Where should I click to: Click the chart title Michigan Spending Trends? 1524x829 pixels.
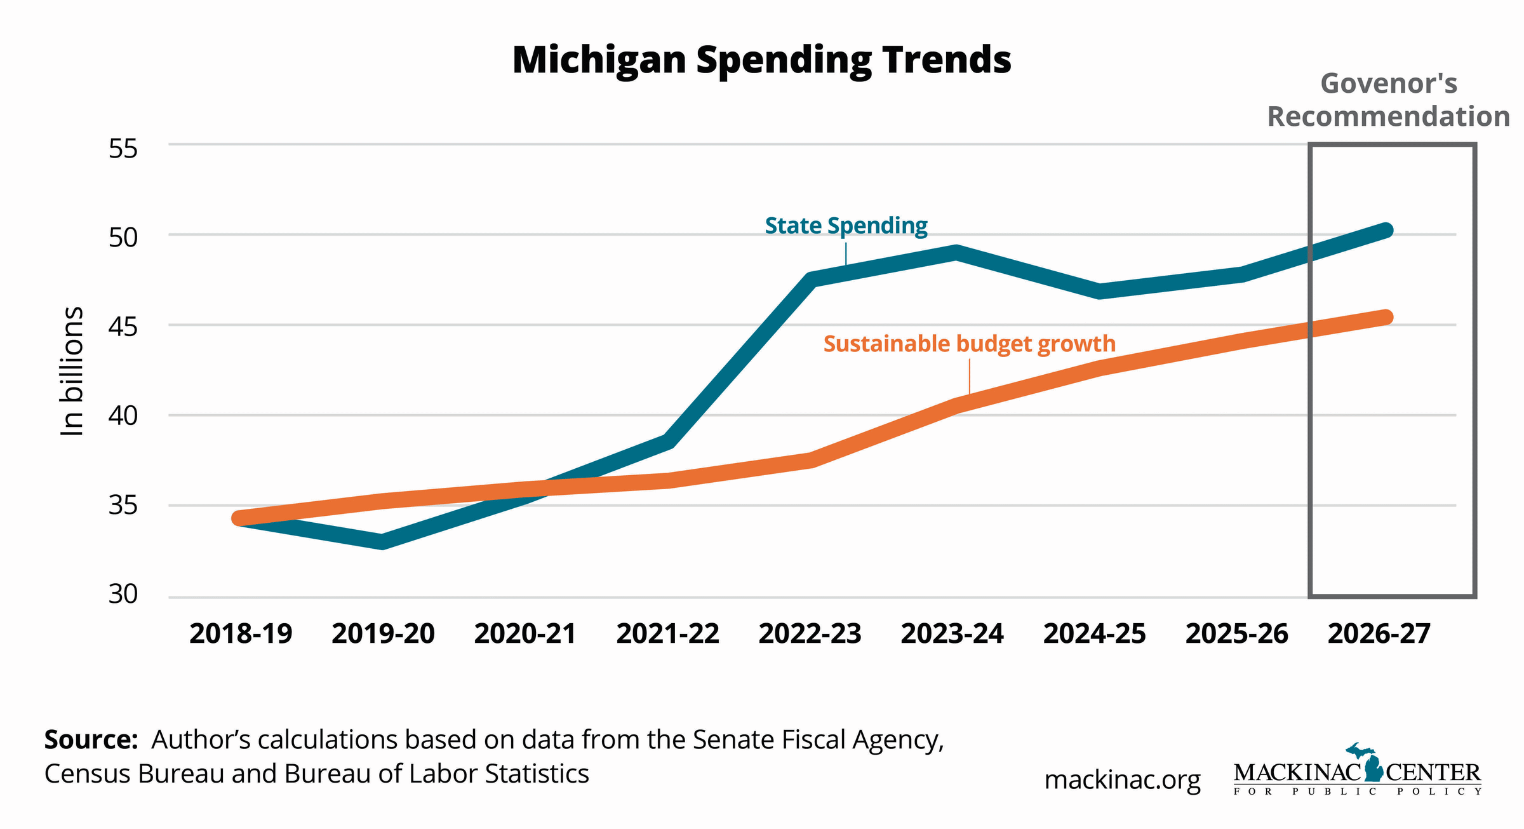coord(761,60)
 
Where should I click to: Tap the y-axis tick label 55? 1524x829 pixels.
coord(123,149)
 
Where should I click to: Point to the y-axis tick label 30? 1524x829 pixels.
coord(123,594)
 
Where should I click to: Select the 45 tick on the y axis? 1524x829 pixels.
coord(123,327)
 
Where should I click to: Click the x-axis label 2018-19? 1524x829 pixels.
coord(241,634)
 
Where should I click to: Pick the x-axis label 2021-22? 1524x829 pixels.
coord(667,634)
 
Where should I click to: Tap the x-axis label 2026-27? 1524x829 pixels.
coord(1379,634)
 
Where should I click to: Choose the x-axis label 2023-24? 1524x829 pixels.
coord(952,634)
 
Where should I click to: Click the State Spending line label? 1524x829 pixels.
coord(846,226)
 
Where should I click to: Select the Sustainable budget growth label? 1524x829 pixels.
coord(969,344)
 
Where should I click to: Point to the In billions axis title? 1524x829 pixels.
coord(72,372)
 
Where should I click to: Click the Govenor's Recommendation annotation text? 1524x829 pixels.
coord(1388,100)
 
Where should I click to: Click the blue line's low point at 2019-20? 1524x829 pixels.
coord(382,542)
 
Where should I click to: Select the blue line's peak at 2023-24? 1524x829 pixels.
coord(956,253)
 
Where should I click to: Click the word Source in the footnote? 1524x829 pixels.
coord(91,740)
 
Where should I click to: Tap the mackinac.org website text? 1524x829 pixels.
coord(1122,780)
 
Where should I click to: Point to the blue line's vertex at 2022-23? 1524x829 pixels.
coord(812,280)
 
